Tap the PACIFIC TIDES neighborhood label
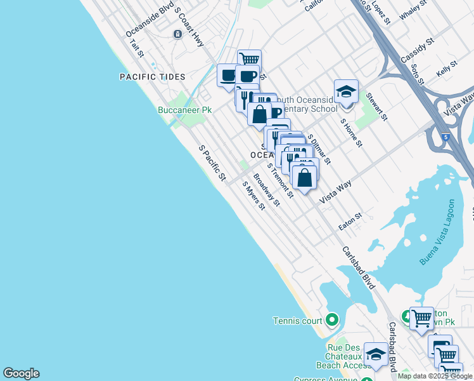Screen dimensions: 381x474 point(153,77)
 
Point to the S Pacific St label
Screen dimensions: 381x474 point(212,163)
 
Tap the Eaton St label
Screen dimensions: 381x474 point(350,221)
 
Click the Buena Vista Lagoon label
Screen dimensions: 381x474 point(437,232)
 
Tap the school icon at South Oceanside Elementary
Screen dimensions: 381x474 point(347,91)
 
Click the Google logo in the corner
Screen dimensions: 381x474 point(21,373)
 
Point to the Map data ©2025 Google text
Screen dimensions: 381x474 point(435,376)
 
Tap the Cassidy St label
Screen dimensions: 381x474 point(417,50)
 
